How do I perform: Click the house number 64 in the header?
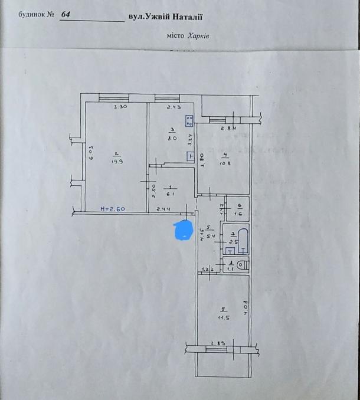(66, 15)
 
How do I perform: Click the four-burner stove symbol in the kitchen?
(189, 121)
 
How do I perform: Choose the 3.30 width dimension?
(120, 107)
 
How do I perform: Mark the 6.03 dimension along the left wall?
(91, 153)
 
